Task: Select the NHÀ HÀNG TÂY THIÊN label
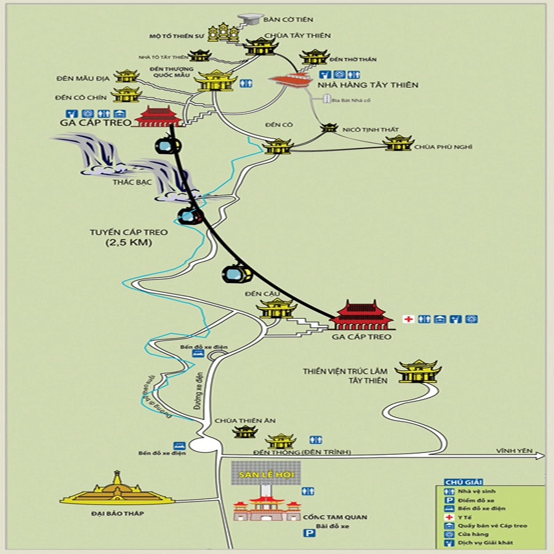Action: click(x=368, y=85)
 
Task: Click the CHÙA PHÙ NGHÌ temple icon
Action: click(x=398, y=143)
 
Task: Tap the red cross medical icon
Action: click(x=407, y=319)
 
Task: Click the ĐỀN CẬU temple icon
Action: click(x=276, y=308)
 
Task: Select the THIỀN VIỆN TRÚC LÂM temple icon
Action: click(x=418, y=372)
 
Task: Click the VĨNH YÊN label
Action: click(x=515, y=451)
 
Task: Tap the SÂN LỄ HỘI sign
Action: click(x=267, y=476)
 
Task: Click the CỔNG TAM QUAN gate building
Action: click(x=267, y=509)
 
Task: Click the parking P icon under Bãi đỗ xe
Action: click(x=309, y=533)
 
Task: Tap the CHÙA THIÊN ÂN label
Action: click(x=236, y=421)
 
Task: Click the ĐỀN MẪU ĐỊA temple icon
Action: click(x=127, y=76)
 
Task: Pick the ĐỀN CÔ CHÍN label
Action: click(x=81, y=97)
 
